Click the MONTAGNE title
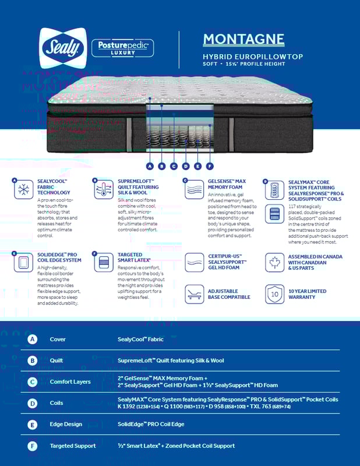pyautogui.click(x=243, y=40)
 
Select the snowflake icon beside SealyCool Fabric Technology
pyautogui.click(x=23, y=190)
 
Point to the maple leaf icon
pyautogui.click(x=274, y=262)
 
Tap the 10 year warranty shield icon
pyautogui.click(x=274, y=294)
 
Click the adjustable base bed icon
pyautogui.click(x=194, y=294)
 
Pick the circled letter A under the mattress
pyautogui.click(x=150, y=166)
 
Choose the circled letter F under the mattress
pyautogui.click(x=210, y=166)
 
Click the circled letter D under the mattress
pyautogui.click(x=186, y=166)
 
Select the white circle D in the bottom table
pyautogui.click(x=33, y=403)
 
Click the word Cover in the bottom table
pyautogui.click(x=58, y=339)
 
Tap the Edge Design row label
pyautogui.click(x=66, y=424)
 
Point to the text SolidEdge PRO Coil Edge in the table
pyautogui.click(x=150, y=424)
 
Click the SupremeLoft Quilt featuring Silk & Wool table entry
pyautogui.click(x=171, y=361)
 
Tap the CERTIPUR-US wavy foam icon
pyautogui.click(x=194, y=262)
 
